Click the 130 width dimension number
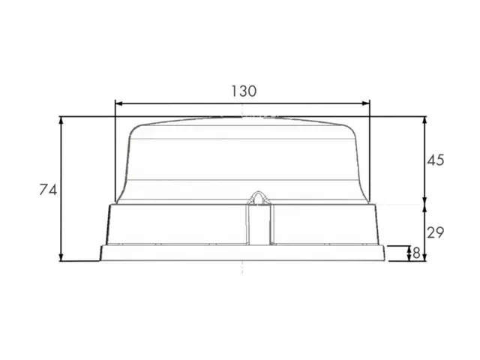pos(244,91)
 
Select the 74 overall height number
pos(48,190)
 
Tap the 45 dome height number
pos(435,160)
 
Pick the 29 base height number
pos(435,233)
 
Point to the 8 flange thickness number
pos(416,253)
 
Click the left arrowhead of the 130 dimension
pos(118,103)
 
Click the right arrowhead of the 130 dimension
pos(366,103)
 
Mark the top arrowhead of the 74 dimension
pos(61,120)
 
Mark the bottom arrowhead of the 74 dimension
pos(61,257)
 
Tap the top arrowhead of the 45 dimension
pos(424,120)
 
